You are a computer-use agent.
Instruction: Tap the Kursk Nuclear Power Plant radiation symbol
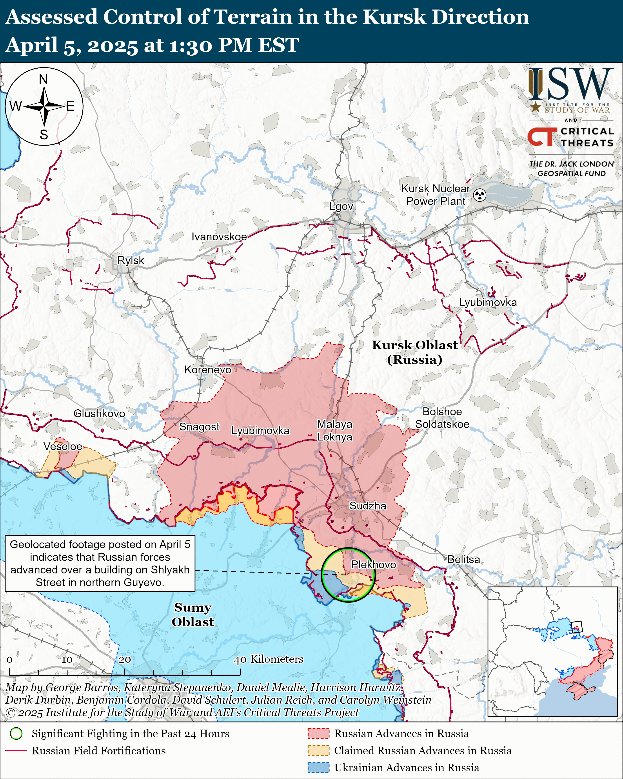click(x=480, y=195)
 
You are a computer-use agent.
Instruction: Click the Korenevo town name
click(x=208, y=370)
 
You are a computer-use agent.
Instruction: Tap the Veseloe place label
click(x=63, y=446)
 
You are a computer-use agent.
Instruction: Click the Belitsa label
click(x=464, y=559)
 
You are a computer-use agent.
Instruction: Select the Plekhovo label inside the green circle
click(x=373, y=564)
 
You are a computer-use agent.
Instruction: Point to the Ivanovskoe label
click(x=219, y=237)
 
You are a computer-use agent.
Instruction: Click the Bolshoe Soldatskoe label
click(x=442, y=418)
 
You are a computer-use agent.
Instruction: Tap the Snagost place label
click(x=199, y=427)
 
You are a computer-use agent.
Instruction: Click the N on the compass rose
click(x=43, y=79)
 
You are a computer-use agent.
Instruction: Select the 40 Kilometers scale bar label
click(x=269, y=659)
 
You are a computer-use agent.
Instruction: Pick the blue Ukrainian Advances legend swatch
click(x=318, y=767)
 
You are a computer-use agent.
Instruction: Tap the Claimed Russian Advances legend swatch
click(x=318, y=750)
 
